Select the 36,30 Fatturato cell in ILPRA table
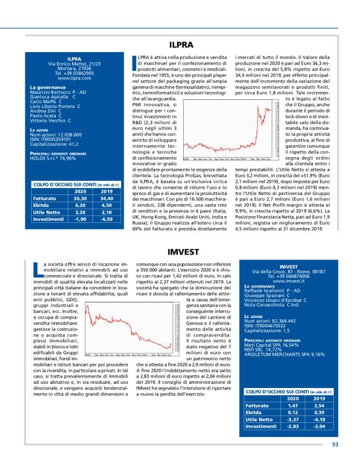point(79,197)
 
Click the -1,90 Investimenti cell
point(79,219)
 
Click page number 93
point(335,444)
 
